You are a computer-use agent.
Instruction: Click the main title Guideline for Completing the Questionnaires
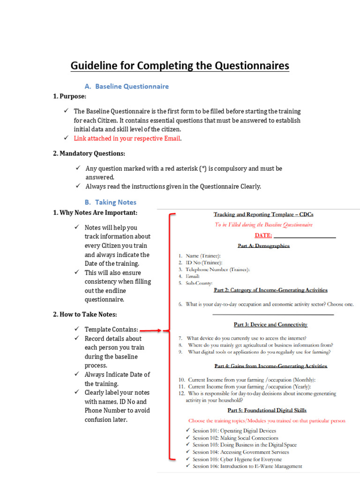pyautogui.click(x=180, y=66)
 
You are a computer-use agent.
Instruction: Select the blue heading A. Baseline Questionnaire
pyautogui.click(x=127, y=86)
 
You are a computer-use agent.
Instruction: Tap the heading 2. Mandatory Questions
pyautogui.click(x=89, y=153)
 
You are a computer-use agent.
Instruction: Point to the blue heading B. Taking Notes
pyautogui.click(x=111, y=202)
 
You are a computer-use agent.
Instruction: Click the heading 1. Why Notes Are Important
pyautogui.click(x=95, y=213)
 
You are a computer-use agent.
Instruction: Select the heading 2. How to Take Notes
pyautogui.click(x=85, y=314)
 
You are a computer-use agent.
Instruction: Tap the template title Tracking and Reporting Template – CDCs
pyautogui.click(x=263, y=215)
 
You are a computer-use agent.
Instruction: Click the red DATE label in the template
pyautogui.click(x=263, y=235)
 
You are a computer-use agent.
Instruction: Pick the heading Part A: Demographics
pyautogui.click(x=263, y=246)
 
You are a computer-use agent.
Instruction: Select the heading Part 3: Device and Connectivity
pyautogui.click(x=270, y=324)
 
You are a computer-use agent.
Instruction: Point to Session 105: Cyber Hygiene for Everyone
pyautogui.click(x=237, y=459)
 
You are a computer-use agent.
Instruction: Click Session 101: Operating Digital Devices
pyautogui.click(x=234, y=431)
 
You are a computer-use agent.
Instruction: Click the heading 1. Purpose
pyautogui.click(x=69, y=96)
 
